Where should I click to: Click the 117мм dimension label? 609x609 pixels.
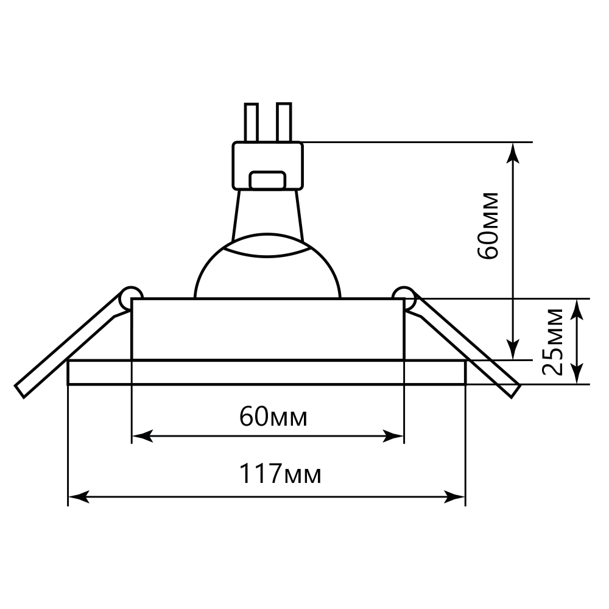point(280,473)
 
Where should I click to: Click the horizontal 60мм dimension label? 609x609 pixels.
point(273,417)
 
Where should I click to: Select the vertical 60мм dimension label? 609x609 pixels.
point(489,226)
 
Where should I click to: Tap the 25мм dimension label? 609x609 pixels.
point(554,342)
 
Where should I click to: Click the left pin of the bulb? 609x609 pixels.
point(251,122)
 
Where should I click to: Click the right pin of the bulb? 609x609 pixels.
point(284,122)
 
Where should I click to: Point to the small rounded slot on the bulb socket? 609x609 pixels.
point(268,180)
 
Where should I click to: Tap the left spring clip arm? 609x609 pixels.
point(67,347)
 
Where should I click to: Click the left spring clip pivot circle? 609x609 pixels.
point(130,297)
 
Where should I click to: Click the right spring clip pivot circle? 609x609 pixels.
point(404,297)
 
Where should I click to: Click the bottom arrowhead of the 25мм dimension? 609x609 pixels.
point(578,373)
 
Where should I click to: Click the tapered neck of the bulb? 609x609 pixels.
point(268,213)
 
